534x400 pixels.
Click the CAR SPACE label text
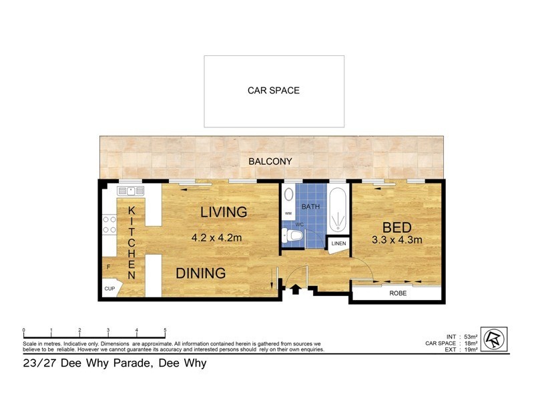(x=274, y=91)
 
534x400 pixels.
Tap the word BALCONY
(x=270, y=161)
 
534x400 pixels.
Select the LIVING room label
(x=224, y=213)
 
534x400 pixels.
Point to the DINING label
(x=200, y=273)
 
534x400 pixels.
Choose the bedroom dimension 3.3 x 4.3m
(x=397, y=240)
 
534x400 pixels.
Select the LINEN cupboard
(x=338, y=244)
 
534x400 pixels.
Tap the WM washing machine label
(x=288, y=213)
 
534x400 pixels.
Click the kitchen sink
(x=131, y=191)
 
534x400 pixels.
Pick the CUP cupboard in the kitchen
(x=109, y=289)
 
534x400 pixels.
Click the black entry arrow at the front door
(x=295, y=289)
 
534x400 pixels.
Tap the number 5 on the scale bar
(x=165, y=331)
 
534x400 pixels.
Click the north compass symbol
(x=494, y=338)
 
